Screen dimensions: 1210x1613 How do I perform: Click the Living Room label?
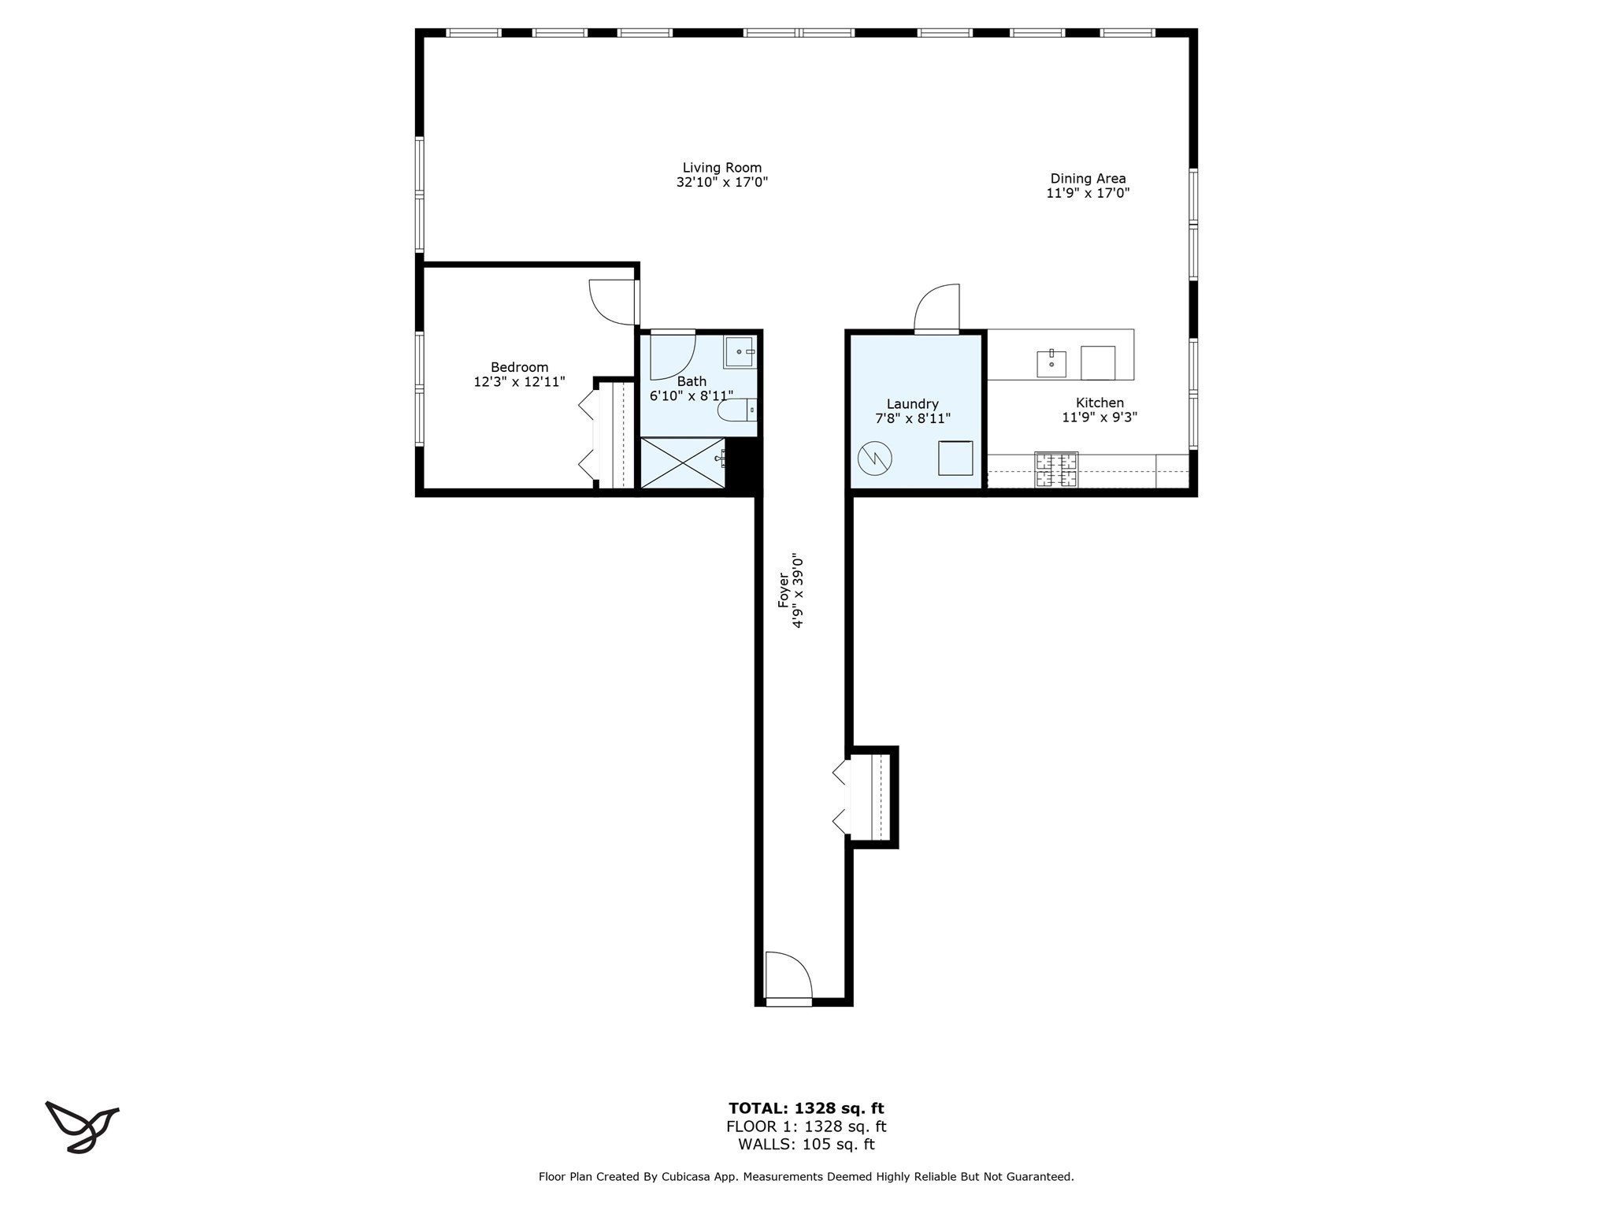(721, 168)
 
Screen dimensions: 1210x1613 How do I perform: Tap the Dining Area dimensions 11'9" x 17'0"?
(1088, 193)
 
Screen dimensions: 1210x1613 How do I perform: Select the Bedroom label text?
(519, 367)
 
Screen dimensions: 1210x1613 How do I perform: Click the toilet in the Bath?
(737, 410)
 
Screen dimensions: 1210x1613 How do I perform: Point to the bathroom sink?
(740, 351)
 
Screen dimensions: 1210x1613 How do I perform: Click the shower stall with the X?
(682, 463)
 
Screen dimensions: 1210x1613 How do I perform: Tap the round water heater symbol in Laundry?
(874, 458)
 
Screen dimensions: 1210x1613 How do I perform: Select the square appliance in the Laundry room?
(955, 458)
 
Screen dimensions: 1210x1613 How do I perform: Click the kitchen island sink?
(1051, 364)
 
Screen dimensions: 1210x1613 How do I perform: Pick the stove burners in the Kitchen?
(1055, 471)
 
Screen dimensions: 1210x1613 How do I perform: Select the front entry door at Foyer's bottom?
(787, 978)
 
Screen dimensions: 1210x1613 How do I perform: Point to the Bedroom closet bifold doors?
(588, 435)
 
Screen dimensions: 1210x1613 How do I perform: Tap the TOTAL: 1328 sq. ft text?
(806, 1108)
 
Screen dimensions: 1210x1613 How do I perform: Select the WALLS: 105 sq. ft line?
(806, 1145)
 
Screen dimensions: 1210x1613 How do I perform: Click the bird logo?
(81, 1126)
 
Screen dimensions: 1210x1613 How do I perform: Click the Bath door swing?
(671, 356)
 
